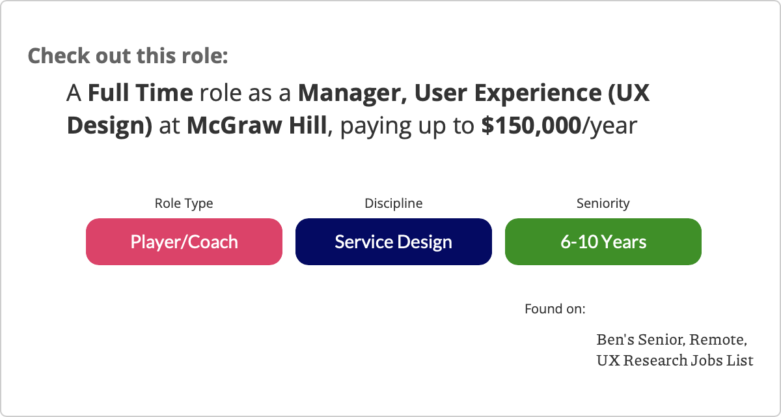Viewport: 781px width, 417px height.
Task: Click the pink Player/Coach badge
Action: [x=184, y=242]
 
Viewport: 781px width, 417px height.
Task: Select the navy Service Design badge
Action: [x=394, y=242]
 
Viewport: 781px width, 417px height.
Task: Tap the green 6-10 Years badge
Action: [x=603, y=242]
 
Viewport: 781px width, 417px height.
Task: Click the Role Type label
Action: [x=184, y=203]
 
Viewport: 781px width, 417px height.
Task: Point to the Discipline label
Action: [x=394, y=203]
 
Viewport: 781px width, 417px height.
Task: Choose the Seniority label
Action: [x=603, y=203]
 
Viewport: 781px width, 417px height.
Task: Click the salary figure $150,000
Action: [x=531, y=126]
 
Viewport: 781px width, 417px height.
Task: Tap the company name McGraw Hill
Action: [x=257, y=126]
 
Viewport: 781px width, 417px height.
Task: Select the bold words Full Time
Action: [x=141, y=93]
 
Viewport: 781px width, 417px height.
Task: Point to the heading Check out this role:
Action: [x=128, y=56]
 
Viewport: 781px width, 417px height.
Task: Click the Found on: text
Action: [x=555, y=309]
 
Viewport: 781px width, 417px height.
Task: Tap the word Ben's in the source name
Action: [x=615, y=339]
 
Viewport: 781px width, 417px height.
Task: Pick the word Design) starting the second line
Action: [x=110, y=126]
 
